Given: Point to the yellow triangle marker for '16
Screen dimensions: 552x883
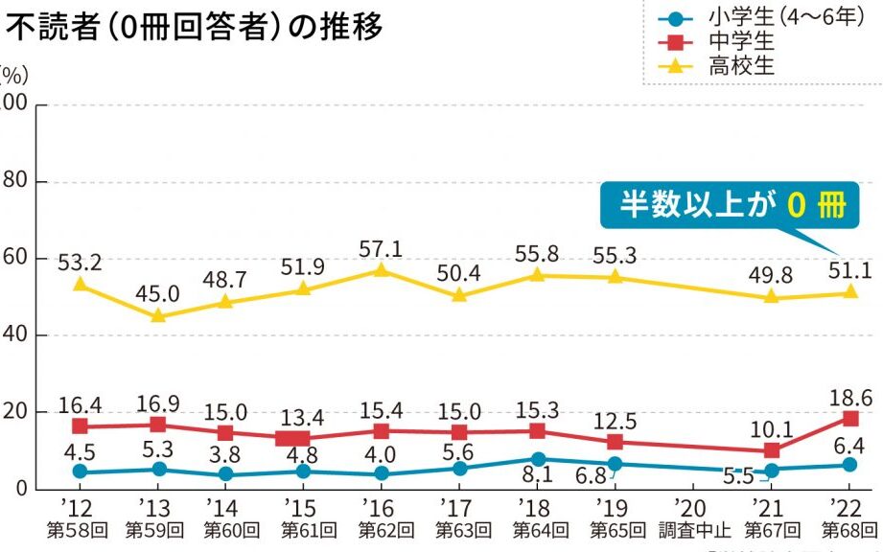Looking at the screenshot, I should [382, 270].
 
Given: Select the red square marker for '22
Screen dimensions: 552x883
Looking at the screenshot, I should [850, 418].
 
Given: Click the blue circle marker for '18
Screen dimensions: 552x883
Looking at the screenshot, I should [539, 459].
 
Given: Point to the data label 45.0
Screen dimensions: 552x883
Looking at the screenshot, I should [158, 292].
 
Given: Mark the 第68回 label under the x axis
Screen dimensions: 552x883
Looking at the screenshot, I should [848, 528].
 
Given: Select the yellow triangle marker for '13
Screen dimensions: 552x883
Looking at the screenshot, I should [158, 315].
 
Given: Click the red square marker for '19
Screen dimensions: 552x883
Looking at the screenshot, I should [616, 442].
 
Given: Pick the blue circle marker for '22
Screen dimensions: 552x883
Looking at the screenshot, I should [850, 465].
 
